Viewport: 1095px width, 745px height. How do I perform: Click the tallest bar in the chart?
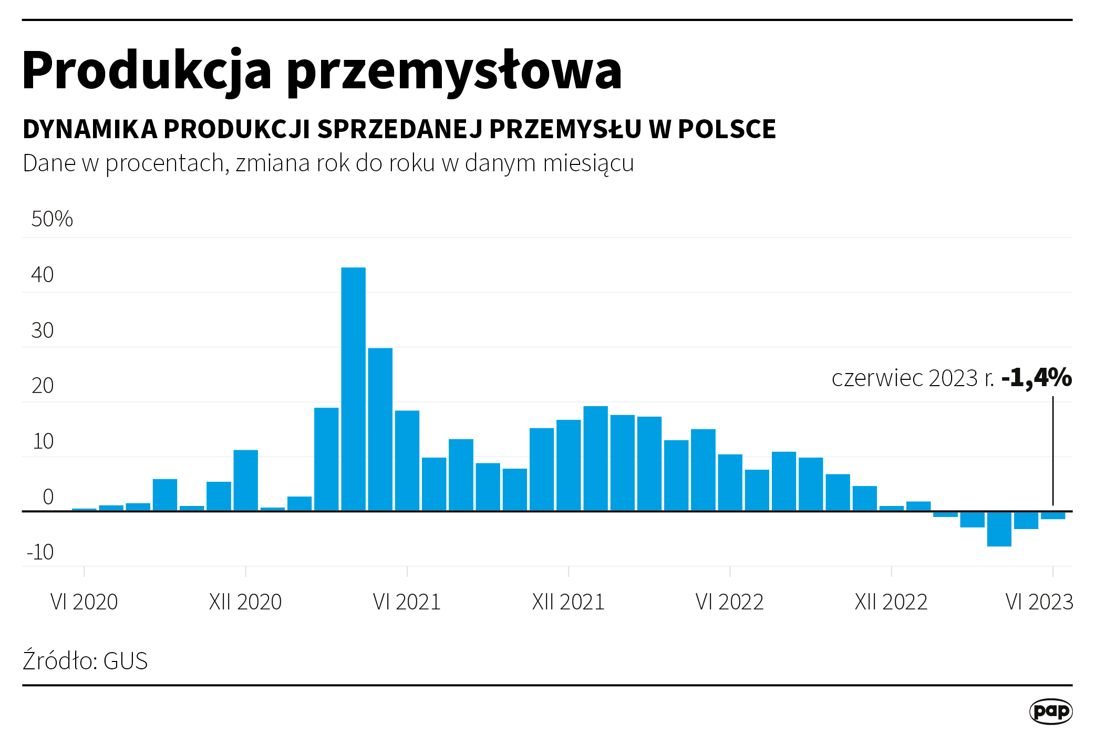click(x=353, y=389)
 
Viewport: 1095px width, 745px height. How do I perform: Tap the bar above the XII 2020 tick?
click(x=245, y=480)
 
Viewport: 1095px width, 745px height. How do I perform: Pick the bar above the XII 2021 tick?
click(x=569, y=465)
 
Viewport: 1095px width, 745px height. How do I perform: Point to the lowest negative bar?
click(x=999, y=529)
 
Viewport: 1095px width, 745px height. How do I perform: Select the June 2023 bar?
click(x=1053, y=515)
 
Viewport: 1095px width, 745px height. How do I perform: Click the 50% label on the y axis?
click(x=51, y=219)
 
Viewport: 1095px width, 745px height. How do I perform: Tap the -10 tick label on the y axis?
click(x=40, y=552)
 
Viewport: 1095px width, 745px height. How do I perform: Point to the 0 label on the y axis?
click(x=48, y=496)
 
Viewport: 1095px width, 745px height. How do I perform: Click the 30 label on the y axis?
click(x=43, y=330)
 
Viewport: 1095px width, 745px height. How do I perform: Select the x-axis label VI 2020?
click(x=84, y=602)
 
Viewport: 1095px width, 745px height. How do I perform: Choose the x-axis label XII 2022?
click(x=891, y=602)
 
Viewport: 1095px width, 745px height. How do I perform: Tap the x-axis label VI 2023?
click(x=1039, y=602)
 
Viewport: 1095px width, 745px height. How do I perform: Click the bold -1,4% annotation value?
click(x=1036, y=378)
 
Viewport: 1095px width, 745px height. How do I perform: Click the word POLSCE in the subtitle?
click(x=727, y=129)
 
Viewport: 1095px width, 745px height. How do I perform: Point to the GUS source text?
click(x=126, y=661)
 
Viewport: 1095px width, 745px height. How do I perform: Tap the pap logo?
click(x=1050, y=711)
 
